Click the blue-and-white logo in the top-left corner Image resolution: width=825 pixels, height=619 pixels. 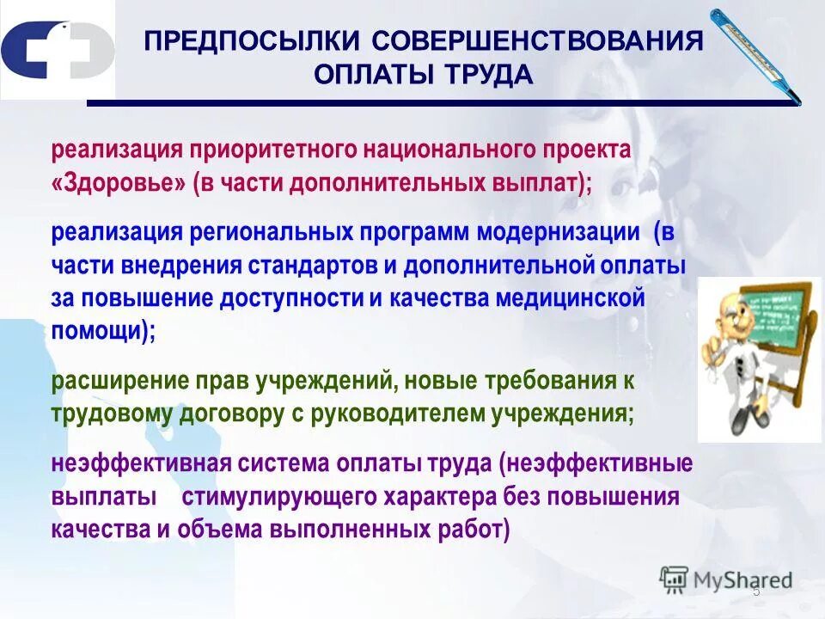click(x=57, y=51)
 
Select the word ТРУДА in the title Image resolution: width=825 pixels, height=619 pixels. click(x=489, y=75)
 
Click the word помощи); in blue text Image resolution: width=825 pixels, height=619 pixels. click(x=103, y=331)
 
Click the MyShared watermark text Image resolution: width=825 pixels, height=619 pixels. click(x=740, y=580)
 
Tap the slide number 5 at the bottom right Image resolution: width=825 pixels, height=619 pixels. click(x=756, y=593)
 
